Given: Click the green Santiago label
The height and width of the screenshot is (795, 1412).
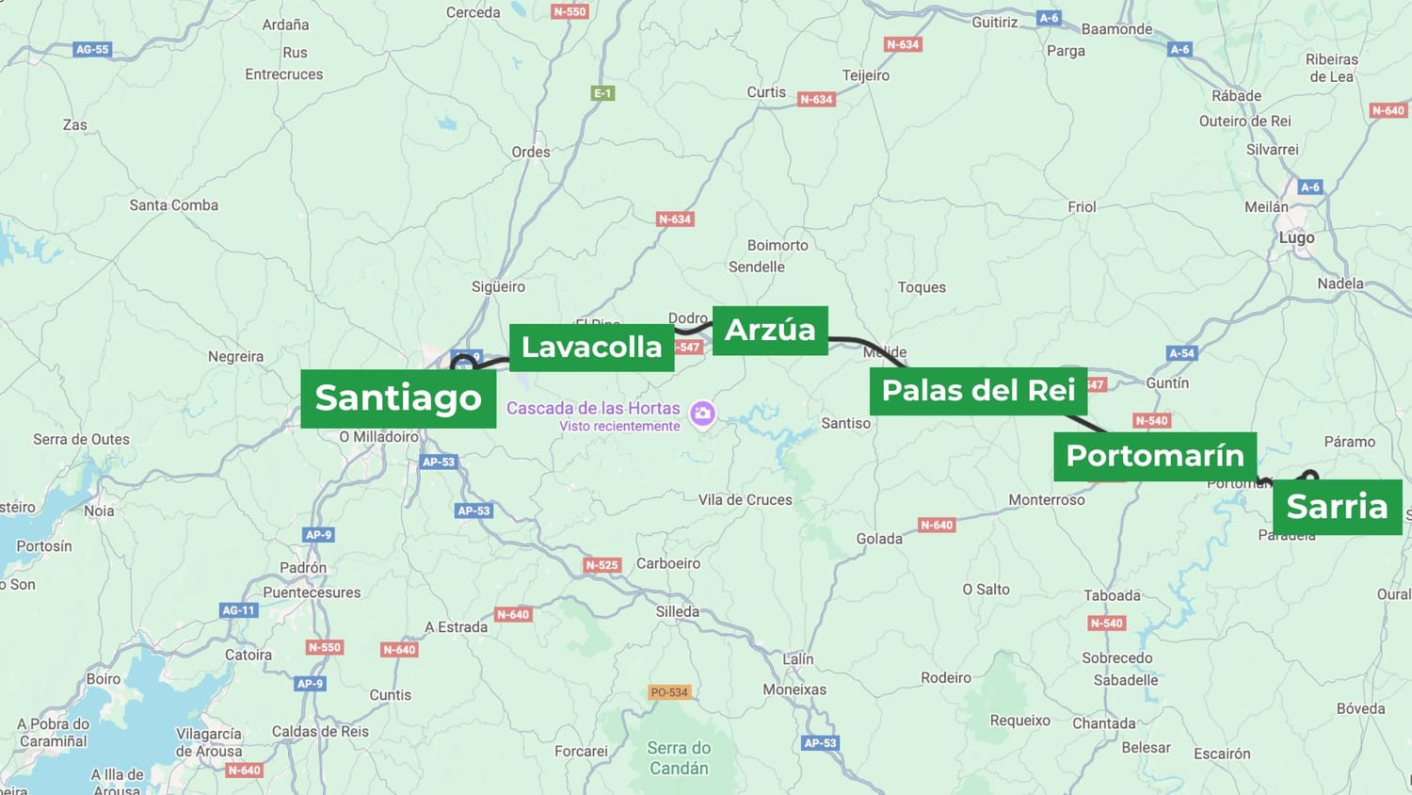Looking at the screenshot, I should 398,398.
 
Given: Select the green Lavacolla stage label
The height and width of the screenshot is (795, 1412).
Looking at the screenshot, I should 591,348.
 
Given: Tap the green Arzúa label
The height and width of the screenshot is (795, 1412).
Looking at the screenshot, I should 770,331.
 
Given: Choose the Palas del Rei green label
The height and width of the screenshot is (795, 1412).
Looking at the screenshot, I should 978,391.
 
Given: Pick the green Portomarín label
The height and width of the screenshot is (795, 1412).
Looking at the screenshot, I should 1154,456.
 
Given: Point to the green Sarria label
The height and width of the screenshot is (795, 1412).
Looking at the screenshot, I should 1337,507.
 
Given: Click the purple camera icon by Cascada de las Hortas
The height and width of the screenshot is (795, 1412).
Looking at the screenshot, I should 702,414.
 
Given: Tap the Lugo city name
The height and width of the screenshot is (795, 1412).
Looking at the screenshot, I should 1296,238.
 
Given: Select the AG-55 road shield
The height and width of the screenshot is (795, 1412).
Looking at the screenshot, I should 92,50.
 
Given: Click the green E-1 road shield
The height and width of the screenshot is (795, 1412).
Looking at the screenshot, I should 602,93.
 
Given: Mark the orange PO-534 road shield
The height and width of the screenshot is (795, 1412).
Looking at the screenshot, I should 669,692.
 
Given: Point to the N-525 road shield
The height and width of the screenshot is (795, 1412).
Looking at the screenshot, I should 602,565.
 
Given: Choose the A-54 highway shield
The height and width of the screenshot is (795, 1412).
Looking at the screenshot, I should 1181,353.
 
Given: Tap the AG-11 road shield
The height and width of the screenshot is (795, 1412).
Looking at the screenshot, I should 238,610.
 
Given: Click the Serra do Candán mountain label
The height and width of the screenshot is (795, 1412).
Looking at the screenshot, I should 679,758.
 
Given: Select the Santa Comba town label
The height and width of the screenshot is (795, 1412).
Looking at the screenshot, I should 174,205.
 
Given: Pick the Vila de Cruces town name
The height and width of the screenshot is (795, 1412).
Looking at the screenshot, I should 745,500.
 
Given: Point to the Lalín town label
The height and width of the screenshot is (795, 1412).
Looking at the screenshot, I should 798,659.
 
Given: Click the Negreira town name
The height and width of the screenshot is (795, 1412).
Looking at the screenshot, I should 235,357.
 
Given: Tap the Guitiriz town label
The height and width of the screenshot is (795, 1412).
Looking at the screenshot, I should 995,23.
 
